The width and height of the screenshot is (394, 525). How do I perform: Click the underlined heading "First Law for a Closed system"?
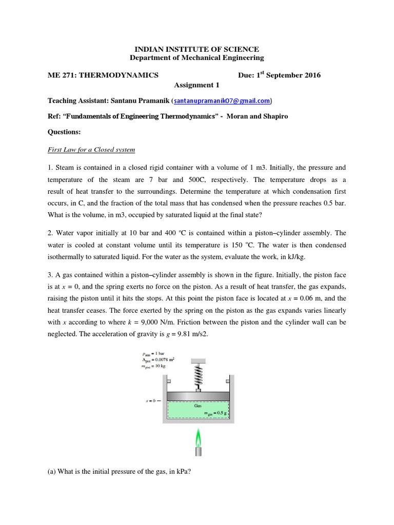(91, 150)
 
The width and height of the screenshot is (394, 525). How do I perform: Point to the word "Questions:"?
(64, 132)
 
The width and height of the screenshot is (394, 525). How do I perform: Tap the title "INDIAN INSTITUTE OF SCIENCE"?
(196, 49)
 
